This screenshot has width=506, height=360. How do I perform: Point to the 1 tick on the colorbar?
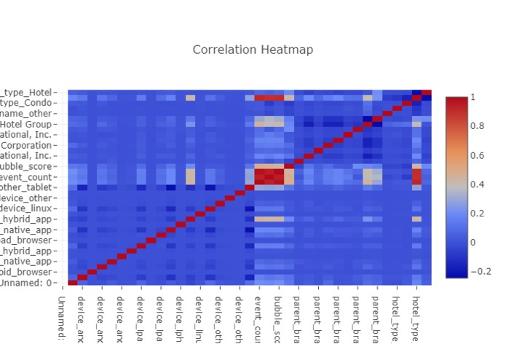[473, 97]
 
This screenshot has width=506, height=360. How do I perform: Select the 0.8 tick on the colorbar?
[478, 126]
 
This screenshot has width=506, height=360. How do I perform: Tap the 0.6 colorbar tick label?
[478, 155]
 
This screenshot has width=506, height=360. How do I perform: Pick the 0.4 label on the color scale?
[478, 184]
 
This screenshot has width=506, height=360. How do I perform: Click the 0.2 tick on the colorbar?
[478, 213]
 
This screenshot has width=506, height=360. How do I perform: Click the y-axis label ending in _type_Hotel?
[28, 93]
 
